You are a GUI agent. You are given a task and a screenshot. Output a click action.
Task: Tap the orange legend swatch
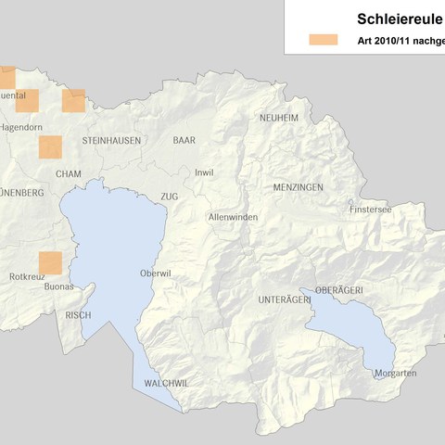324,40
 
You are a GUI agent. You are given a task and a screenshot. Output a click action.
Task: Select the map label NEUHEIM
279,118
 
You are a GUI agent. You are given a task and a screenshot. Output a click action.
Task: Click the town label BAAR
184,140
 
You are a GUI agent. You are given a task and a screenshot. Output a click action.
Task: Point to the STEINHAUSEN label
111,140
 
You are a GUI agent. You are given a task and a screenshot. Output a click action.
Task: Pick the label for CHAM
69,173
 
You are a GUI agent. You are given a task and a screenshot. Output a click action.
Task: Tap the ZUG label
169,197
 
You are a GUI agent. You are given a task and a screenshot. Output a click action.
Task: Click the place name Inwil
203,172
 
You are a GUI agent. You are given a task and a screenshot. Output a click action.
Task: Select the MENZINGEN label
298,187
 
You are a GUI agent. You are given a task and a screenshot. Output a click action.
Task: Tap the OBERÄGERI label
338,290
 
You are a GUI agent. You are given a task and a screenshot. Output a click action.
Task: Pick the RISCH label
78,315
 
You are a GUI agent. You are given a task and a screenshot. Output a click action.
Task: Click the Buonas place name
58,287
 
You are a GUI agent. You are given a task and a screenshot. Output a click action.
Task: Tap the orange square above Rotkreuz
50,262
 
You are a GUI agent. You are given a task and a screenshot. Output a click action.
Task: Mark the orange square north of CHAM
50,146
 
